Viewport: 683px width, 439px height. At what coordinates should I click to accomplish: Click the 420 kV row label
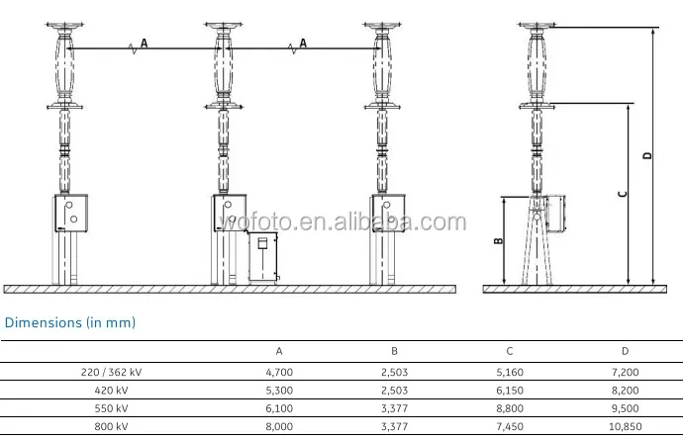tap(111, 391)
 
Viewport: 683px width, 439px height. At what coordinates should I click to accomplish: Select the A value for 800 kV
tap(279, 426)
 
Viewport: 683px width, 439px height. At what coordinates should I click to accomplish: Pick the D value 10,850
tap(625, 426)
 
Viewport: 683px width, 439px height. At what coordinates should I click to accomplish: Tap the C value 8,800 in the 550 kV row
tap(510, 408)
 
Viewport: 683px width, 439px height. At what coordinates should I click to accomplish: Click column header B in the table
tap(394, 351)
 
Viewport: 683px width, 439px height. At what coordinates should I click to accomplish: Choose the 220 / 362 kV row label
tap(111, 372)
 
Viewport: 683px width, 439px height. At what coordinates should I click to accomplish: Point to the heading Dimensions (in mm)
tap(70, 322)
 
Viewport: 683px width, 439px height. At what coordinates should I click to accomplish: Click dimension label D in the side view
tap(647, 155)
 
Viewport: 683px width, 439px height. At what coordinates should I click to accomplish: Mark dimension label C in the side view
tap(623, 194)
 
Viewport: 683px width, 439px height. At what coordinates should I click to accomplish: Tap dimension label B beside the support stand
tap(499, 240)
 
